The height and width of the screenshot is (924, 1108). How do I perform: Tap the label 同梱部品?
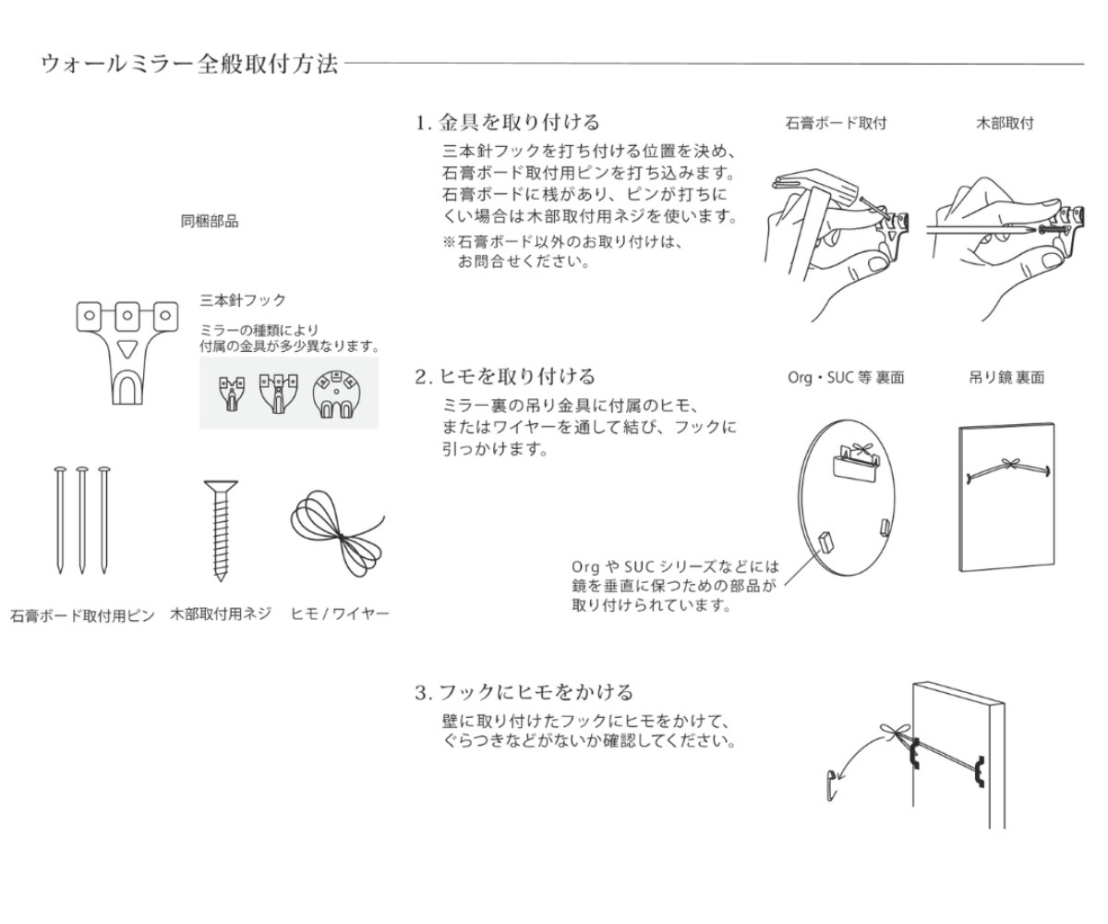coord(209,221)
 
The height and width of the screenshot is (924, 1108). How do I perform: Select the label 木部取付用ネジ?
coord(220,615)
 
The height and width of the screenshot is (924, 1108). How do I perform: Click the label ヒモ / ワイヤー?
coord(340,615)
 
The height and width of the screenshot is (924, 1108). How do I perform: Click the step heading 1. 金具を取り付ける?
coord(507,121)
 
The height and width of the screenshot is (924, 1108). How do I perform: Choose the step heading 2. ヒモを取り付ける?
coord(507,376)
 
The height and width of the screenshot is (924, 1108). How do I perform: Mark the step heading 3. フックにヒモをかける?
coord(524,692)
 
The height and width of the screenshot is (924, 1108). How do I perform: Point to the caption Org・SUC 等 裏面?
coord(837,378)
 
